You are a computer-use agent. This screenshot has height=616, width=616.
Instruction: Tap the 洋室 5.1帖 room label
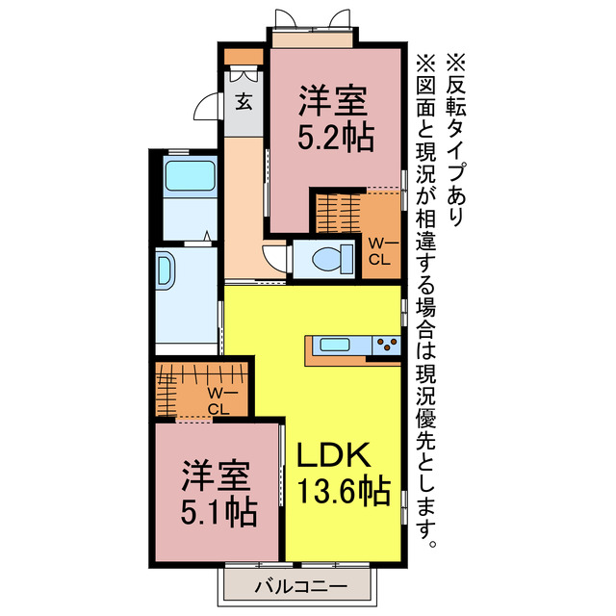tap(220, 492)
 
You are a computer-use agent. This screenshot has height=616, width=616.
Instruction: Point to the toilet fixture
tap(321, 257)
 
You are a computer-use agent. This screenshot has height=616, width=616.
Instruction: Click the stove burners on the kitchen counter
tap(387, 345)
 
